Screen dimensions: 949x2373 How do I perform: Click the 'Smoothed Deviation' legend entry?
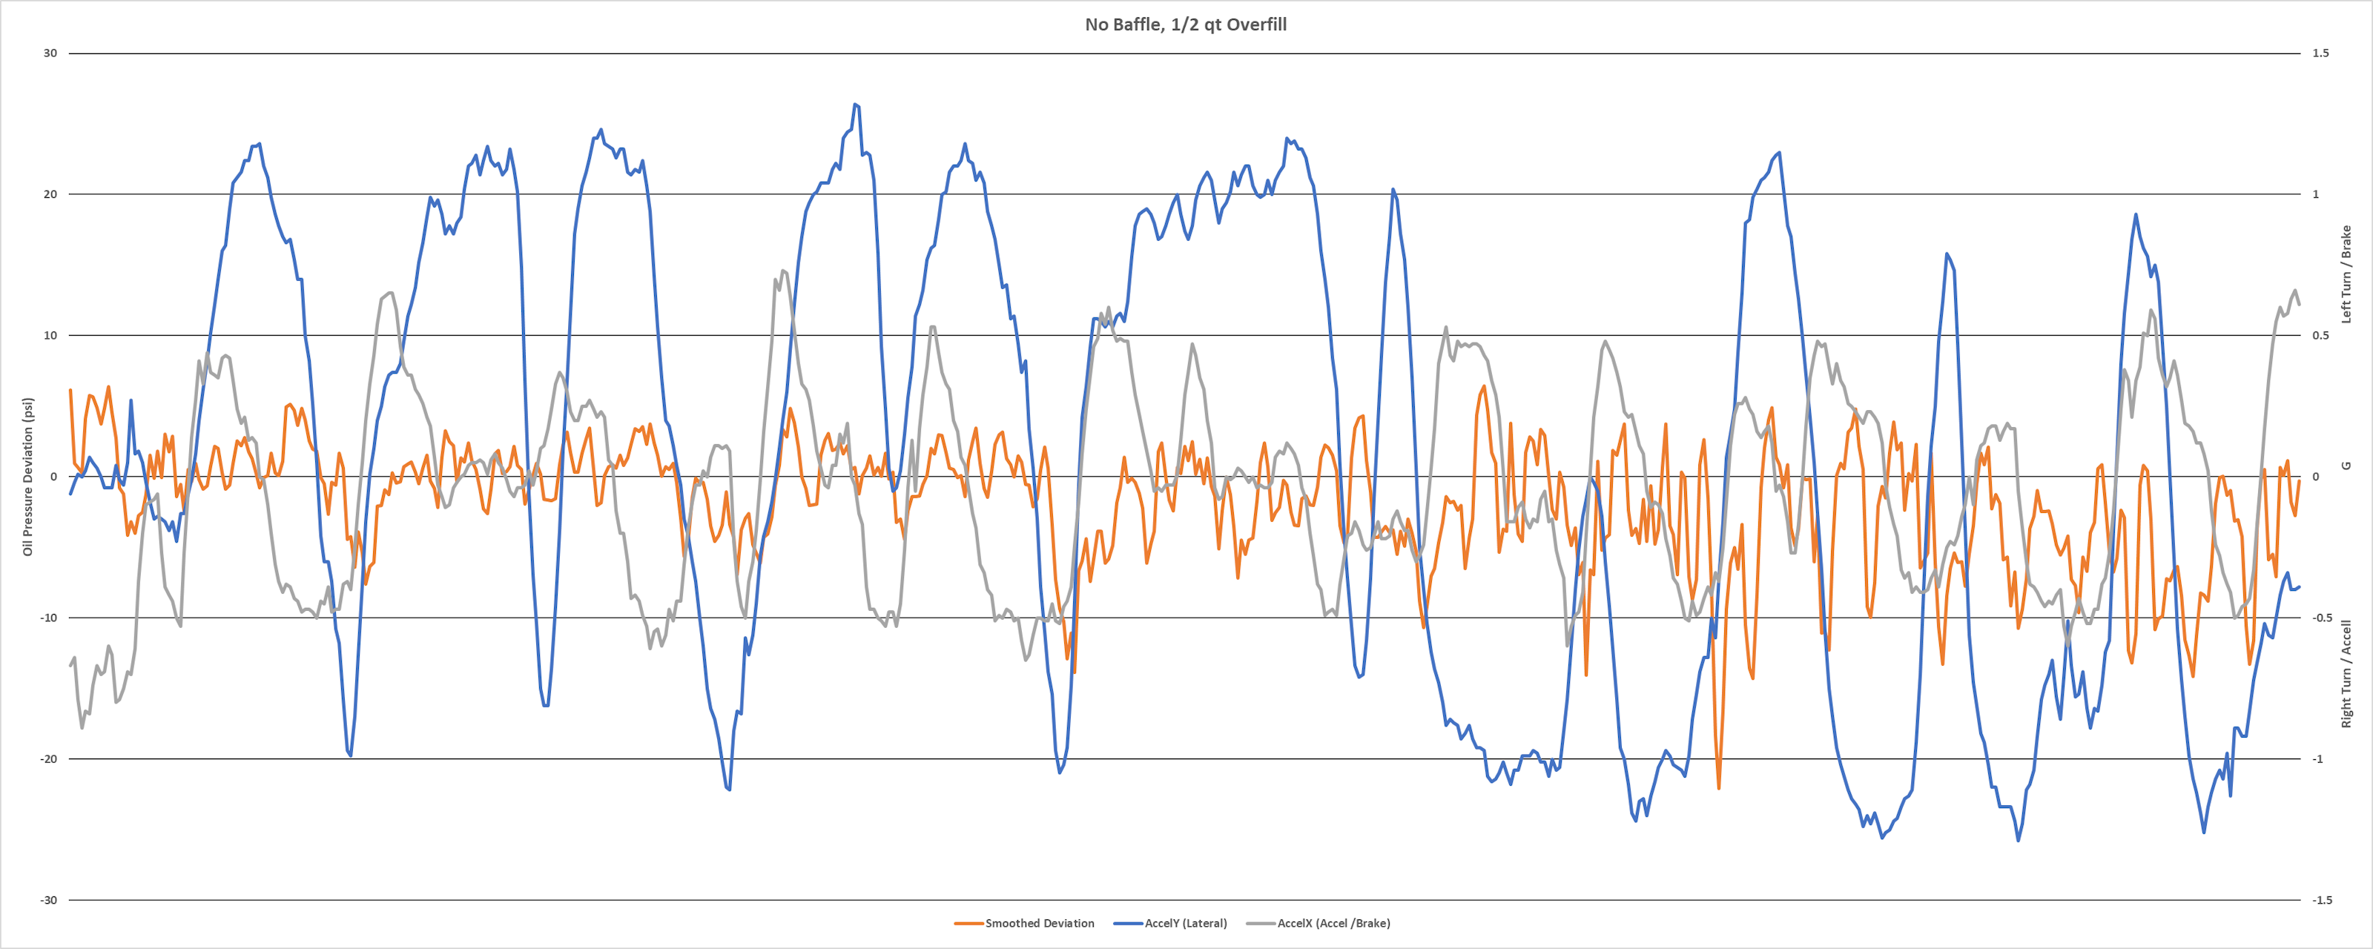pos(1039,923)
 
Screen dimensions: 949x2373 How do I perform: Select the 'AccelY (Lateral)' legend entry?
pos(1186,923)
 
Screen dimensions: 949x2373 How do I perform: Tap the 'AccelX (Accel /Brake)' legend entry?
pos(1333,923)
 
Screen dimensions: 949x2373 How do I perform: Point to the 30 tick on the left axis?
pos(50,53)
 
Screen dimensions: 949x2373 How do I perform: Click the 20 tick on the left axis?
pos(50,194)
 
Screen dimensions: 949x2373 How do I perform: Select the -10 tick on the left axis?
pos(48,618)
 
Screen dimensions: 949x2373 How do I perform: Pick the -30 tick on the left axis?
pos(48,900)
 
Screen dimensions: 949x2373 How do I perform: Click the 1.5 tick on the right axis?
pos(2320,53)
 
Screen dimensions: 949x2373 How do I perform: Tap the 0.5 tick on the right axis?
pos(2320,335)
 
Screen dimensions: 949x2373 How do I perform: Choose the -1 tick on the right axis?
pos(2319,759)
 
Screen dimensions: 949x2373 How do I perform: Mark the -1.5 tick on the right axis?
pos(2323,900)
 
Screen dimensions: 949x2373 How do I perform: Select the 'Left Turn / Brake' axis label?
pos(2346,274)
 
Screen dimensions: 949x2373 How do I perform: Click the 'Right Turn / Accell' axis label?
pos(2346,673)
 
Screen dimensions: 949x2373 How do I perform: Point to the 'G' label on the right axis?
pos(2346,466)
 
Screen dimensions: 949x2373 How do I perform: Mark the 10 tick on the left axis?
pos(50,335)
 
